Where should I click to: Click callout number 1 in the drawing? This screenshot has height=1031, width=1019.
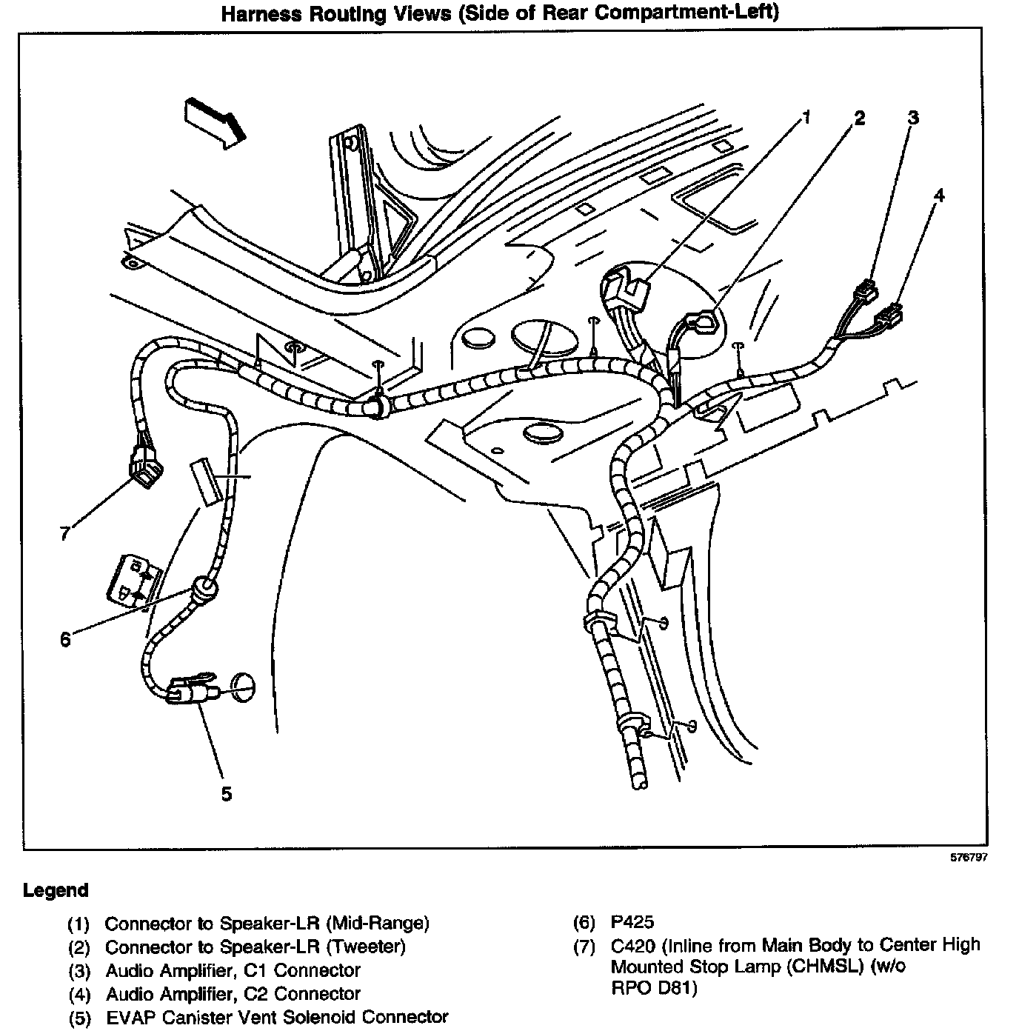tap(806, 117)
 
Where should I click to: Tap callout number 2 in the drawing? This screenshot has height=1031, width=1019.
tap(859, 119)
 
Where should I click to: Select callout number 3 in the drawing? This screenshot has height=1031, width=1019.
tap(914, 118)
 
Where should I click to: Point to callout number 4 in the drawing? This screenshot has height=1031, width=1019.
tap(939, 195)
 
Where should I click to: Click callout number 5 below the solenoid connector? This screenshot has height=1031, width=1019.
tap(227, 794)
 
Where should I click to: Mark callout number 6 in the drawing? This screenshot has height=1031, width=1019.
tap(65, 639)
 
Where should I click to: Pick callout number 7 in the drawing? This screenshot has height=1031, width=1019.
tap(65, 533)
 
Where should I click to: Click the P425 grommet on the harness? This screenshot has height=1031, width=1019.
tap(203, 590)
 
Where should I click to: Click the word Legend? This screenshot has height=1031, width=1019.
tap(56, 890)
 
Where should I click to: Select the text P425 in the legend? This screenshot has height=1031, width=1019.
tap(632, 922)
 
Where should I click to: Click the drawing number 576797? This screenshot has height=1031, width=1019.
tap(969, 858)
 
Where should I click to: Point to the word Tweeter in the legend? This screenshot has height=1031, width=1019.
tap(366, 947)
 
